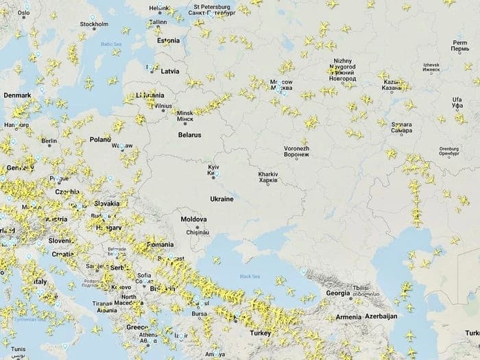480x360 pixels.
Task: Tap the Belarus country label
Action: (189, 135)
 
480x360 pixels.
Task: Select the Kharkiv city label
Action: (267, 177)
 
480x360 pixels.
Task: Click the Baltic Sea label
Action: (110, 45)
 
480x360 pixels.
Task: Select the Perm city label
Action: (459, 47)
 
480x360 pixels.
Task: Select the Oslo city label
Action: (24, 12)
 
